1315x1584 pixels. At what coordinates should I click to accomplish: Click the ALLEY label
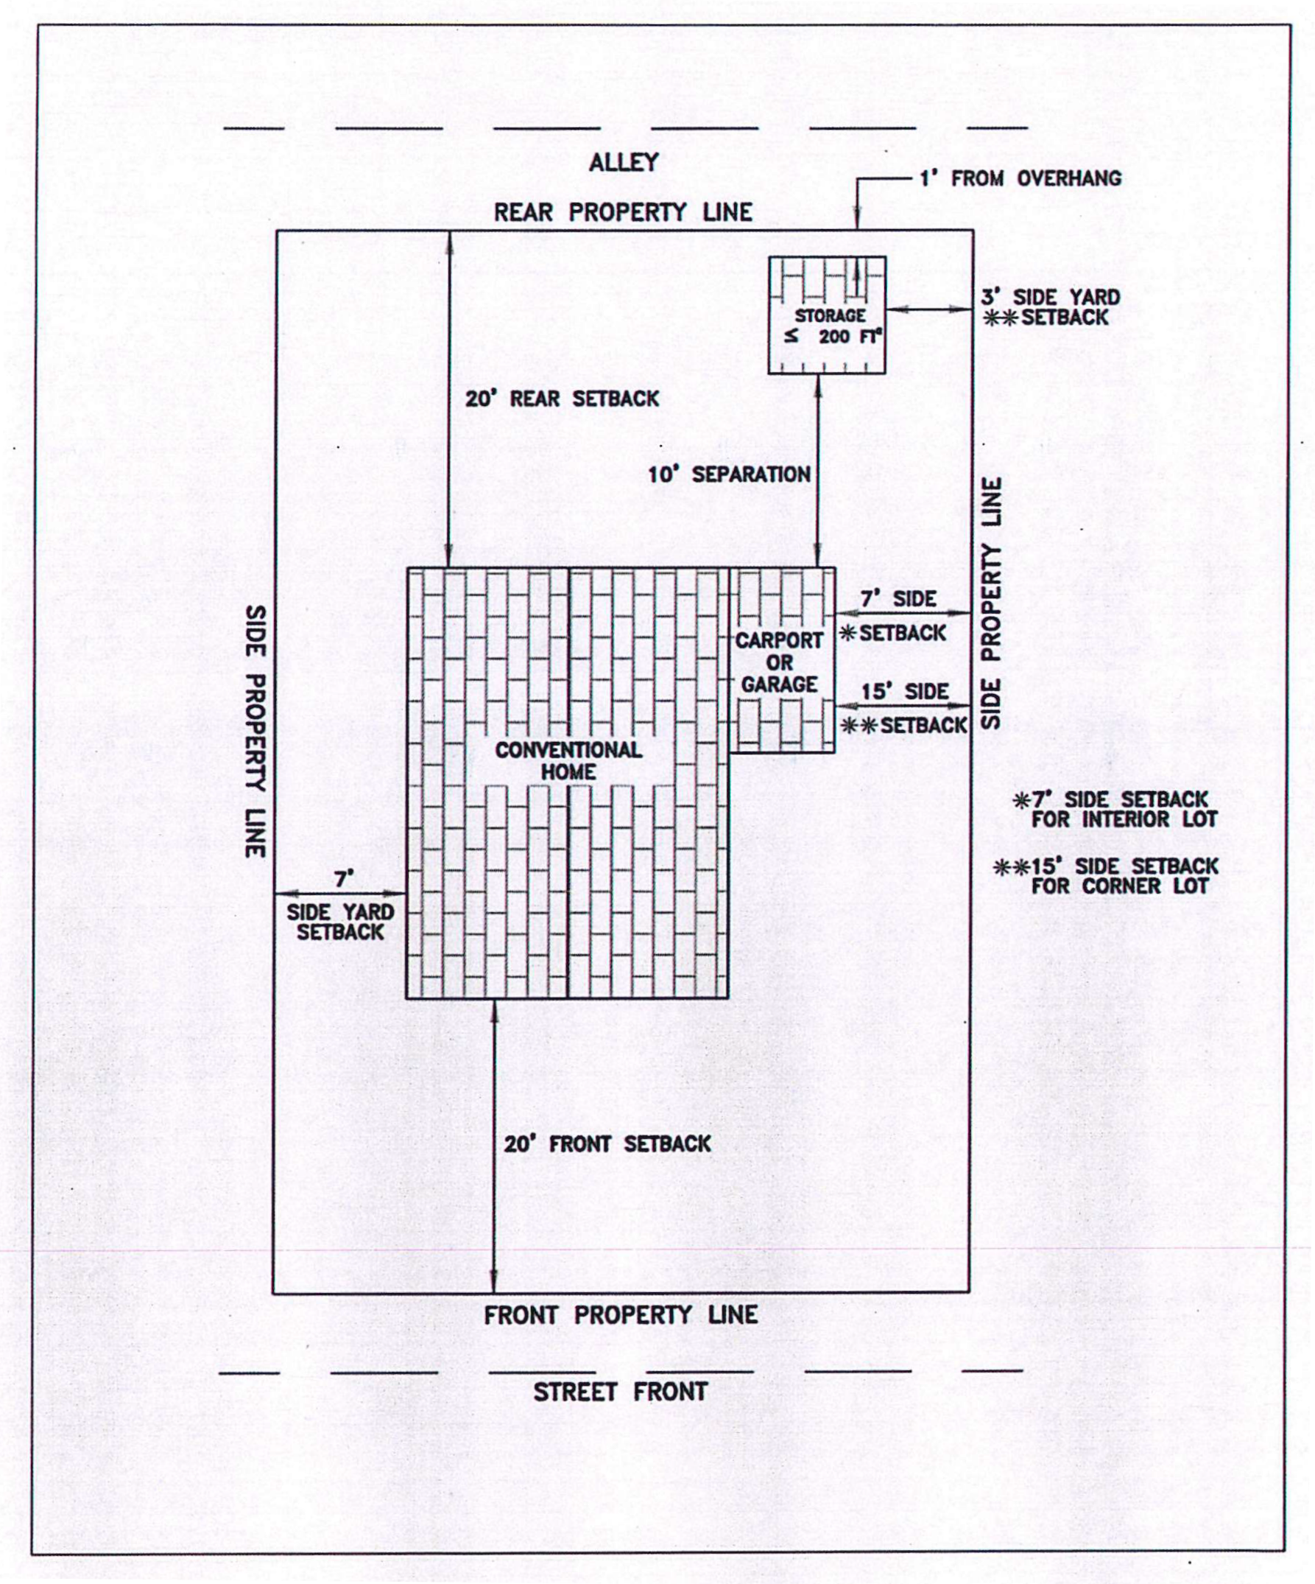pos(624,163)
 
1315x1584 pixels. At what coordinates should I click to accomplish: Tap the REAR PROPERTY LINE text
pos(623,213)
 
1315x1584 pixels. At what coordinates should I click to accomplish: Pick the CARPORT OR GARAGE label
pos(779,662)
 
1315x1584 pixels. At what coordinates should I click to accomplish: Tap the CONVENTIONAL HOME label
pos(568,760)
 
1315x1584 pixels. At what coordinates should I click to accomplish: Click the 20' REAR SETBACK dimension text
pos(562,399)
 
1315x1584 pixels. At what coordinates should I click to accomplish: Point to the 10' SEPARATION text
pos(729,474)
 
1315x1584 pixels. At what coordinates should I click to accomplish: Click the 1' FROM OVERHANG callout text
pos(1020,179)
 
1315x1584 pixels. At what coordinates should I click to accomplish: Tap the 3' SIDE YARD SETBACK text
pos(1051,307)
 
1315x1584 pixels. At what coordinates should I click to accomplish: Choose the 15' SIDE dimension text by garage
pos(905,692)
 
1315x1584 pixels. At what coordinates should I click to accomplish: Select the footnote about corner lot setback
pos(1107,876)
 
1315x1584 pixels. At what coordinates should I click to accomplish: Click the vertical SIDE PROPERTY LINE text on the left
pos(257,731)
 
